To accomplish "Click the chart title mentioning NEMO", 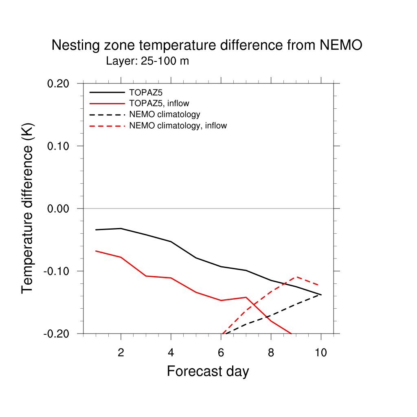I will click(x=206, y=45).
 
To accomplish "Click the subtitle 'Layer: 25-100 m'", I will click(x=147, y=61).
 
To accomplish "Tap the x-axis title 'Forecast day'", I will click(x=208, y=371).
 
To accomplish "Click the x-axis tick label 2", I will click(x=121, y=353).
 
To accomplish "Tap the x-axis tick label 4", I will click(x=171, y=353).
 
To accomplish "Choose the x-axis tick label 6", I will click(x=221, y=353).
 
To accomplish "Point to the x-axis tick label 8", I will click(x=271, y=353).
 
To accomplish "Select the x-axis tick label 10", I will click(x=321, y=353).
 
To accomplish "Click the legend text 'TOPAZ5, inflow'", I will click(x=159, y=103).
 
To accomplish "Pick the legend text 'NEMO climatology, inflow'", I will click(x=178, y=125).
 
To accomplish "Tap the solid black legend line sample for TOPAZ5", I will click(x=107, y=92).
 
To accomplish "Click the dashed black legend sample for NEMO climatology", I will click(x=107, y=114).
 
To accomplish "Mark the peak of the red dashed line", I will click(x=296, y=277).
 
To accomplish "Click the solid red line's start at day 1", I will click(x=96, y=251).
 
